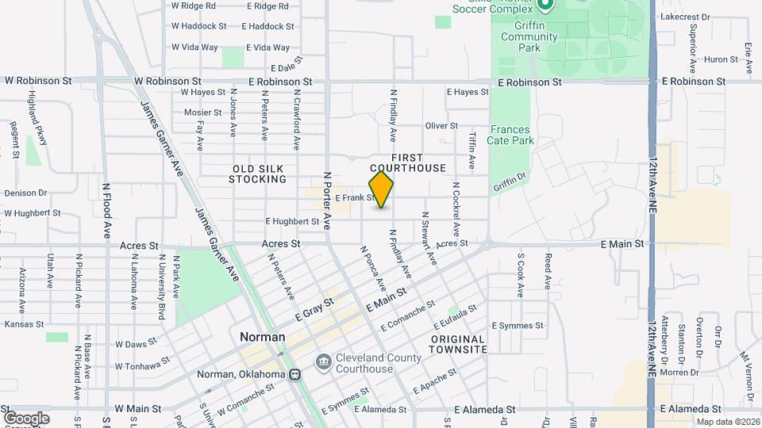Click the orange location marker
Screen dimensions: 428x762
tap(381, 189)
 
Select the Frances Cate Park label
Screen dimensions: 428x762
tap(512, 136)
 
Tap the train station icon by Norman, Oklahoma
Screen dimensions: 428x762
tap(294, 374)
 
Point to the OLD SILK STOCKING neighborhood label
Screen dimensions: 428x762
tap(258, 174)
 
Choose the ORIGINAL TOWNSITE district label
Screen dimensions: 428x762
tap(459, 344)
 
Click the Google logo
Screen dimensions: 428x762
tap(25, 418)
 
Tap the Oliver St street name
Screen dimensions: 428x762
tap(441, 125)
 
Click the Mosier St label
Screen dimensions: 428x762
tap(202, 113)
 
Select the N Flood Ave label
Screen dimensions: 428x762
tap(107, 211)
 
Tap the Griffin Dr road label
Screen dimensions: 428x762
tap(509, 182)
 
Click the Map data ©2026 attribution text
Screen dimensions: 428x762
tap(726, 422)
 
